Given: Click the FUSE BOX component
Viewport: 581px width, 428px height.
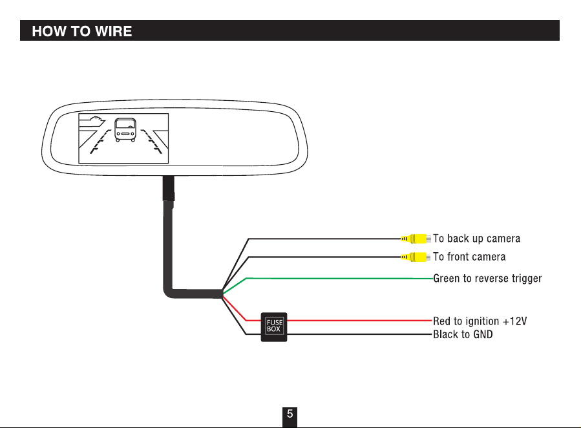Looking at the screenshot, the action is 274,327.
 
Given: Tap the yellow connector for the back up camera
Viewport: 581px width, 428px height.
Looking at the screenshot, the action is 416,239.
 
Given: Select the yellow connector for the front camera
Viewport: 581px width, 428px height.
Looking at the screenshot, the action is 416,257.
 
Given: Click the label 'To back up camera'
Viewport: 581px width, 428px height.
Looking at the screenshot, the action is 476,239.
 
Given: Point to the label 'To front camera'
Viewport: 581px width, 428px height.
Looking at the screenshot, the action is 469,257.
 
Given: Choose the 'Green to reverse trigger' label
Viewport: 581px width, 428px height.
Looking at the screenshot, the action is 487,279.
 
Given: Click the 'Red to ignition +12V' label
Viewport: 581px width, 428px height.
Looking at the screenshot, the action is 480,321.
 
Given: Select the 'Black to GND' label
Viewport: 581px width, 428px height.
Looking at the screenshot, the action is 463,334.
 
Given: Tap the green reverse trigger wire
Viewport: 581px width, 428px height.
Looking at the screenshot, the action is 339,278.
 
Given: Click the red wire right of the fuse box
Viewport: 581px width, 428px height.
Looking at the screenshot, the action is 360,321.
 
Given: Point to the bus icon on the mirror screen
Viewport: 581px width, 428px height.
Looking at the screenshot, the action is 125,130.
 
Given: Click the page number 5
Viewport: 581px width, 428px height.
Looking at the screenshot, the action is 290,414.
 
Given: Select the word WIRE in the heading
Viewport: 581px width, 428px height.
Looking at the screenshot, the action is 113,31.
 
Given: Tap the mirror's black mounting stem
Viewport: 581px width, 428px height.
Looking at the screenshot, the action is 168,188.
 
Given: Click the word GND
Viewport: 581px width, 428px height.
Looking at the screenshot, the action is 483,334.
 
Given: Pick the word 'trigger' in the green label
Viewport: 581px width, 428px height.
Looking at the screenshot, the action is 527,279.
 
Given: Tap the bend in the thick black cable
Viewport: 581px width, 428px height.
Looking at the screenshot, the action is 169,293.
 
